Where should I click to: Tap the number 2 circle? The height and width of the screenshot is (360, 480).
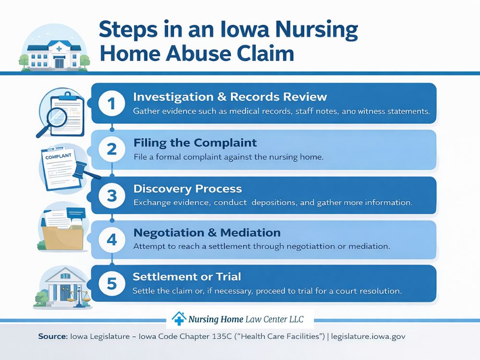(111, 149)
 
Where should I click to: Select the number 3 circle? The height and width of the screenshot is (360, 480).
(111, 195)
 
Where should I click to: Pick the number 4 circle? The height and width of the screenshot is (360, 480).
(111, 240)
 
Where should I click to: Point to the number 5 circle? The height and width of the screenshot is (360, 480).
(111, 284)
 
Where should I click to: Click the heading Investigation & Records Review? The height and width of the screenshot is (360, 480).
(229, 96)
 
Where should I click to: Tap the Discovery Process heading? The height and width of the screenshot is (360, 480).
(187, 188)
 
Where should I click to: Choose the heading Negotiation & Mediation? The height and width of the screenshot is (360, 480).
(206, 233)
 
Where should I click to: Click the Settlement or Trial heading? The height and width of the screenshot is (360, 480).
(187, 277)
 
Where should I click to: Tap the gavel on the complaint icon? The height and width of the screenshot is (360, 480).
(85, 170)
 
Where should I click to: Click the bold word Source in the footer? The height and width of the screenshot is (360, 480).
(53, 337)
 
